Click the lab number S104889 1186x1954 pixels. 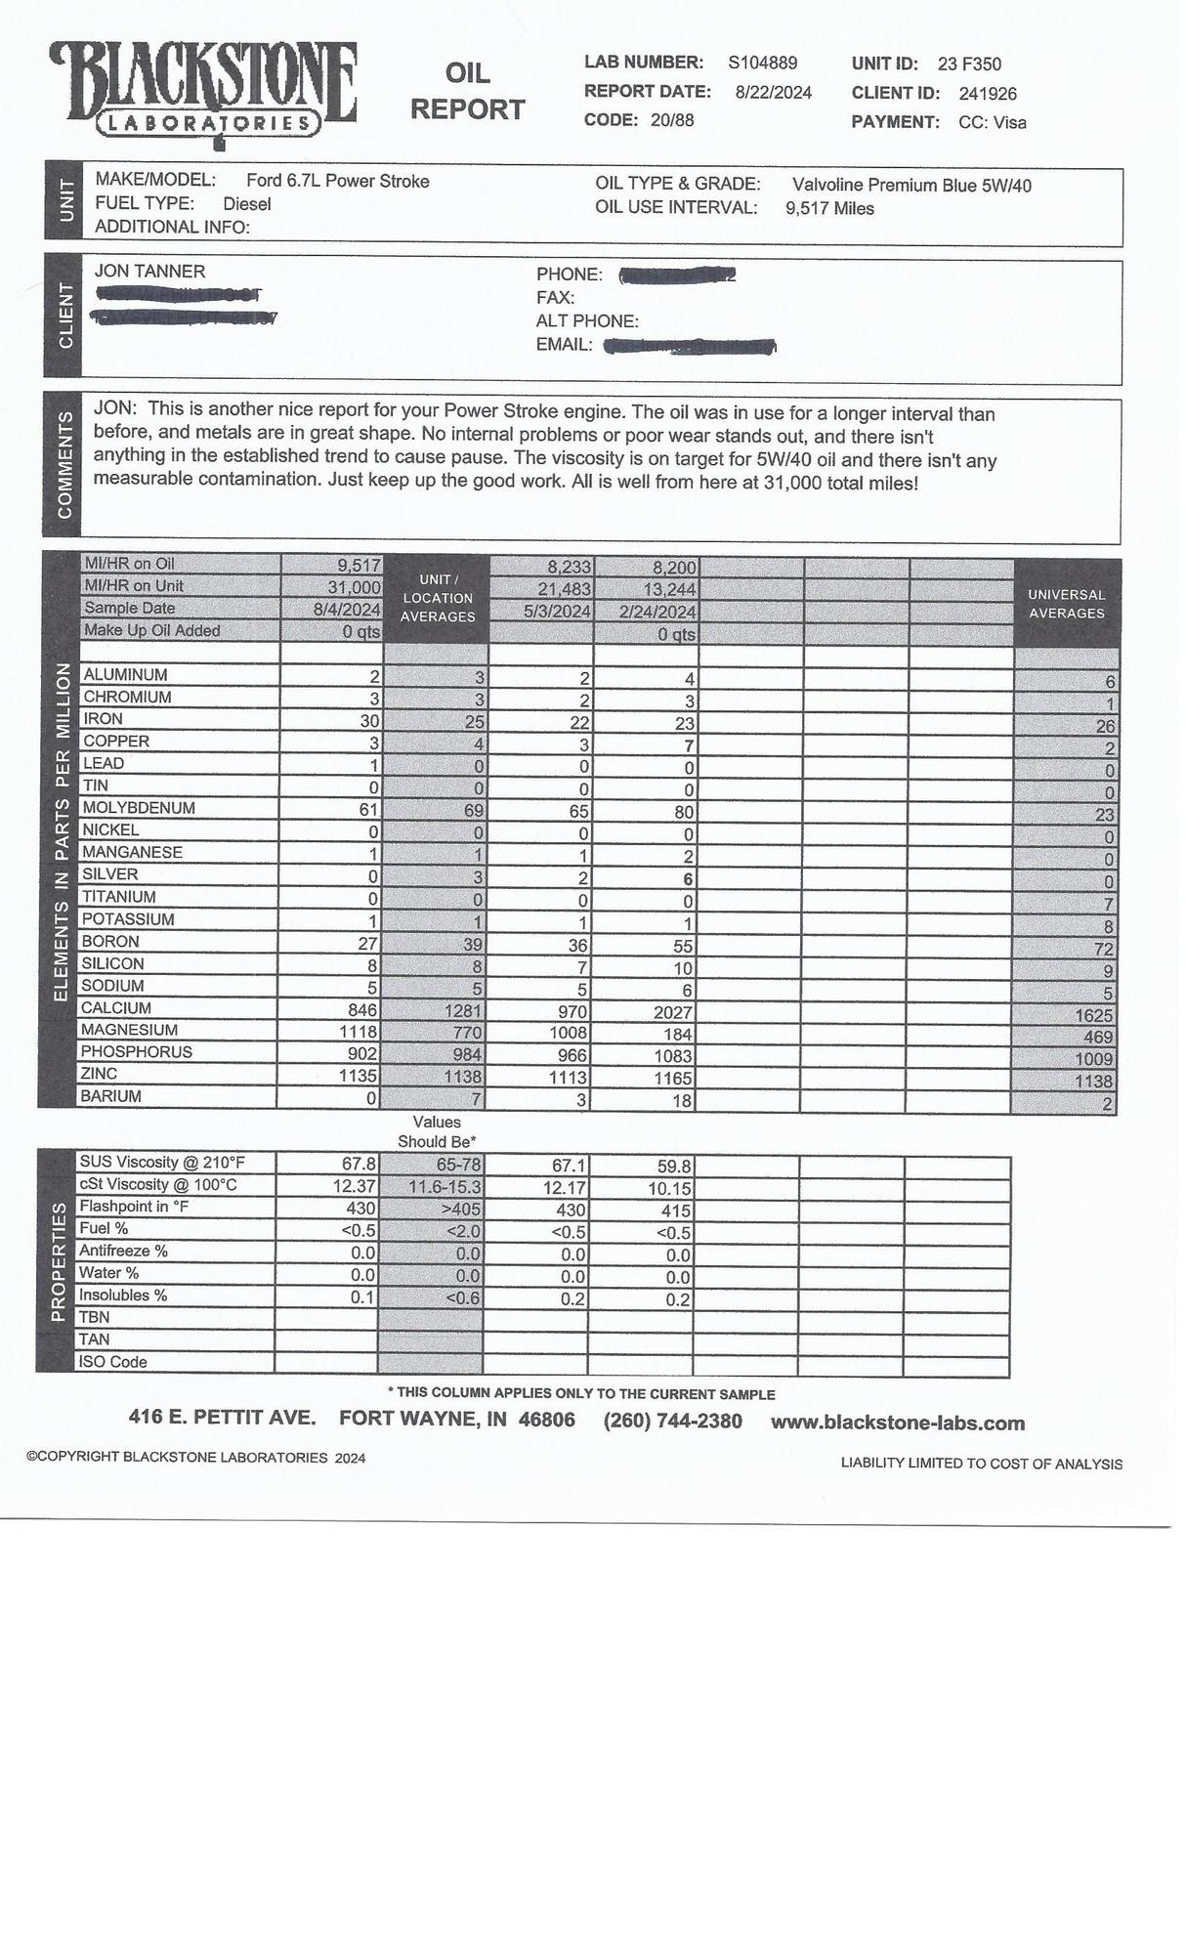click(x=762, y=64)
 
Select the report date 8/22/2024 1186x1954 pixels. click(x=773, y=93)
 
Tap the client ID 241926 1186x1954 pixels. click(x=987, y=94)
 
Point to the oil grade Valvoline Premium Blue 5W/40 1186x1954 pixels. click(x=911, y=186)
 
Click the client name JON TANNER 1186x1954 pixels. click(x=149, y=272)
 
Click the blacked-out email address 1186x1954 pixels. click(x=690, y=346)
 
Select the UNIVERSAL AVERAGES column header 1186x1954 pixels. click(x=1066, y=604)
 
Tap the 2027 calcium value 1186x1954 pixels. click(x=673, y=1013)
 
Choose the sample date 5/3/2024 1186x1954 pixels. click(x=557, y=612)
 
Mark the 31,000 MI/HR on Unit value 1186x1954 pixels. click(x=354, y=587)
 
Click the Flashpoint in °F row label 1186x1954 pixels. click(x=134, y=1207)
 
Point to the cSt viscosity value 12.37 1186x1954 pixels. click(x=354, y=1185)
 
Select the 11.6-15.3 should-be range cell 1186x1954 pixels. click(x=445, y=1187)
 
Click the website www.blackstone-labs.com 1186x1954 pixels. click(x=898, y=1423)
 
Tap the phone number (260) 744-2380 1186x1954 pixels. click(x=672, y=1421)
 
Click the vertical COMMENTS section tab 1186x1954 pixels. click(x=64, y=465)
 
